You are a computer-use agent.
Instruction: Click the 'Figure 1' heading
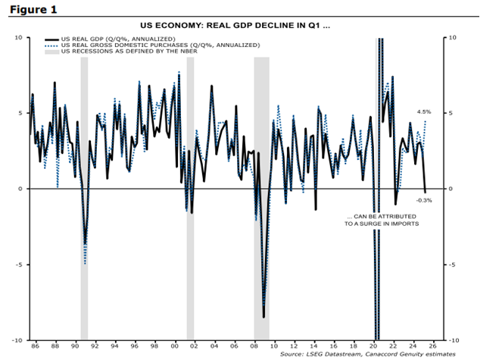tap(30, 11)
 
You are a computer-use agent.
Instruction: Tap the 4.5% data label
tap(423, 111)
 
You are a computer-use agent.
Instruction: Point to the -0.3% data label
tap(424, 200)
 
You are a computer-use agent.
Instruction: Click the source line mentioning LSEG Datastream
tap(367, 354)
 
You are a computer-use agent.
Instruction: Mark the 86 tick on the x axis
tap(34, 346)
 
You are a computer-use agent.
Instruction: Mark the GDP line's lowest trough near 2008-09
tap(264, 317)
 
